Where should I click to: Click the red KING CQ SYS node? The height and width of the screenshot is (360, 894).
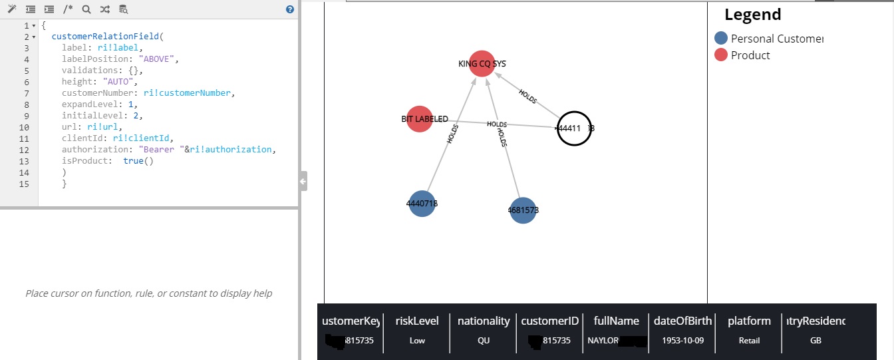[482, 64]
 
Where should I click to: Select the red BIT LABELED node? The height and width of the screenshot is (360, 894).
[419, 119]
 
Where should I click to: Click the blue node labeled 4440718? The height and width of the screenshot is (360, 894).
[422, 204]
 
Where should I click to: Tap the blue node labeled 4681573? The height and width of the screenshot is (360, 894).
[523, 210]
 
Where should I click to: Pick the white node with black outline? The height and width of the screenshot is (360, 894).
[573, 128]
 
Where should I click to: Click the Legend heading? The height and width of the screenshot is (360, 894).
[752, 15]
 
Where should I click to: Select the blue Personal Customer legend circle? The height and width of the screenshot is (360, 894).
[720, 39]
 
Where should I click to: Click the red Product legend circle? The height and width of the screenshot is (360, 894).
[720, 55]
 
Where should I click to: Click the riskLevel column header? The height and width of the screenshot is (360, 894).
[417, 321]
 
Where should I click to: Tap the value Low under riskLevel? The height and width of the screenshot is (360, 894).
[417, 340]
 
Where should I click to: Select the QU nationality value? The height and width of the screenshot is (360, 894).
[484, 340]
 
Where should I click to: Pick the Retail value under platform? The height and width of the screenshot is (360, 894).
[749, 340]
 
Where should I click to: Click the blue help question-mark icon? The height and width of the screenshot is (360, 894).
[289, 9]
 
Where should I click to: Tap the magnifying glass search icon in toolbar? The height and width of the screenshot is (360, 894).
[86, 9]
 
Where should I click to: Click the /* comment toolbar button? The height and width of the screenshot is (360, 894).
[68, 9]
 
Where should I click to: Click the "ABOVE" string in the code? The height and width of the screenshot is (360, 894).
[159, 59]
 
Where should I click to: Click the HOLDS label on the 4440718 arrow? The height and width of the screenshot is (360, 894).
[453, 134]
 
